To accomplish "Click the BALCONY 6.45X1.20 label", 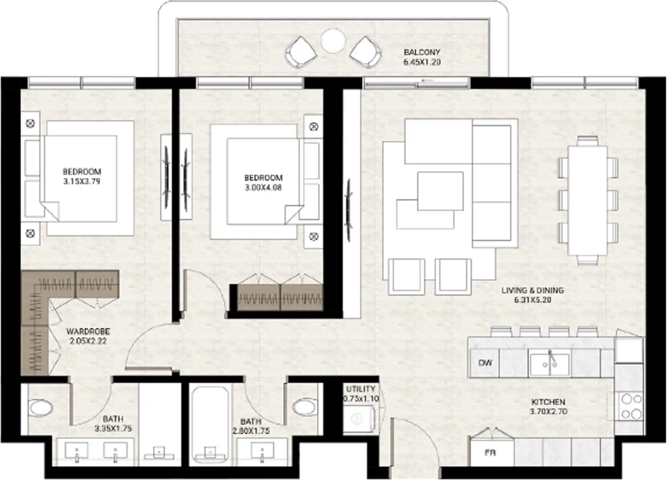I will coord(422,57).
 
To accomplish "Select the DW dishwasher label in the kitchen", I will coord(485,363).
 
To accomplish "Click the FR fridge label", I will coord(490,453).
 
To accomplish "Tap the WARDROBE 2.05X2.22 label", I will coord(88,336).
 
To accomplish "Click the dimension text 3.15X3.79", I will coord(82,182).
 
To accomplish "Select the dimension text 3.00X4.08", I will coord(263,188).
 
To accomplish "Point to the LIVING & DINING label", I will coord(532,290).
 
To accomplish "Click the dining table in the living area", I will coord(588,200).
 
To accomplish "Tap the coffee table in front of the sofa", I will coord(440,191).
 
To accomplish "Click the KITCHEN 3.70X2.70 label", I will coord(548,407).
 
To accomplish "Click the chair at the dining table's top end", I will coord(588,140).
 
